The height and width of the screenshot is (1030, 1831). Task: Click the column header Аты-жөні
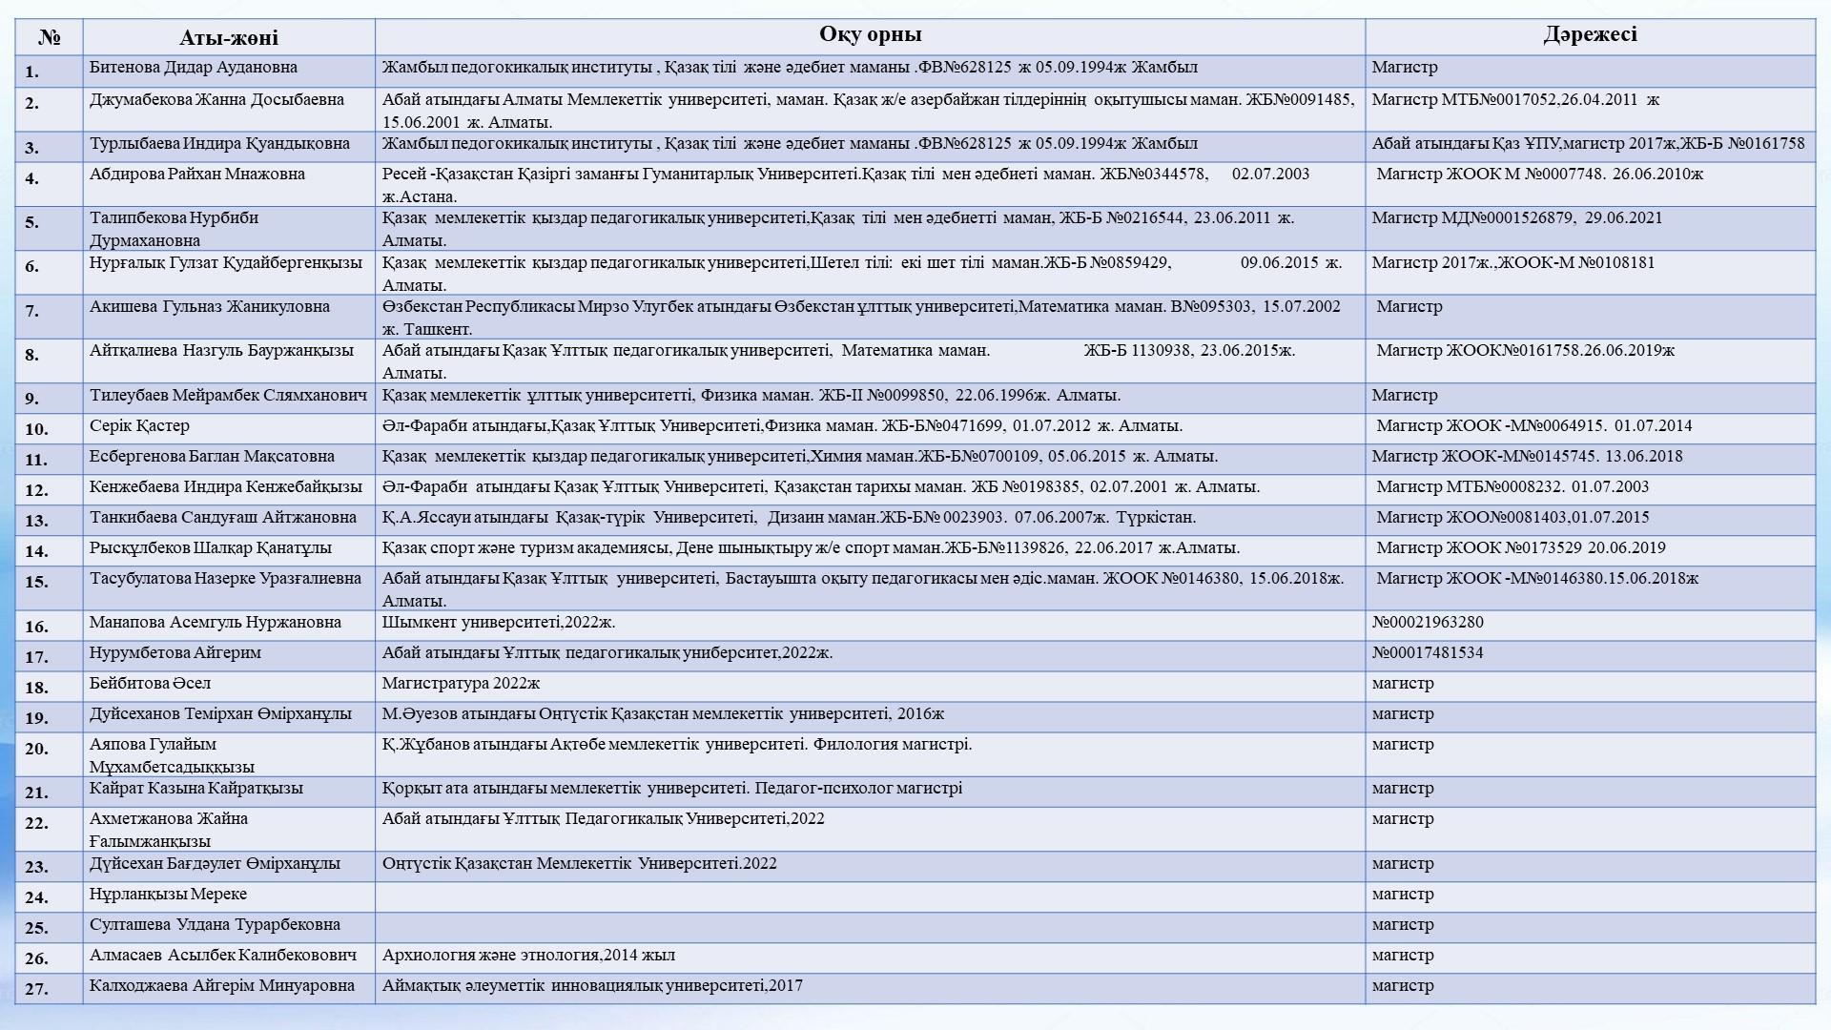click(229, 38)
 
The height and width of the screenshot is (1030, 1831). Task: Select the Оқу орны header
click(870, 35)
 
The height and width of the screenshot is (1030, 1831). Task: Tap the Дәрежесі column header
click(1590, 35)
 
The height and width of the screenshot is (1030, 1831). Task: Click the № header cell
click(50, 38)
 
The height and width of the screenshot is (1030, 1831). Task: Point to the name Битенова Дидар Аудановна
click(194, 68)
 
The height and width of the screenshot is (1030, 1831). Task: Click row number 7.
click(32, 311)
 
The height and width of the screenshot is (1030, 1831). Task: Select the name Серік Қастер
click(139, 426)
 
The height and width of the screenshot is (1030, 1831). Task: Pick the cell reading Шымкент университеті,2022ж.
click(499, 623)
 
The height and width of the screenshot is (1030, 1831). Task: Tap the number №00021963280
click(1428, 623)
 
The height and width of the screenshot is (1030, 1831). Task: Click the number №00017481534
click(1428, 653)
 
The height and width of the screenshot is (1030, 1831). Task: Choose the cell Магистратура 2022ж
click(462, 684)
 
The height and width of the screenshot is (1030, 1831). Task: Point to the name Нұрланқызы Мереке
click(168, 895)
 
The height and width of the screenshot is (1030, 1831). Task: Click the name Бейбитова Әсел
click(151, 684)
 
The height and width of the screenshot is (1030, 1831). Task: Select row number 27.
click(36, 989)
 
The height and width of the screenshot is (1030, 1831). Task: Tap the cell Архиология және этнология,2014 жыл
click(528, 956)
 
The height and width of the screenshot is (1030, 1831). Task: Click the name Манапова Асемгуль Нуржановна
click(216, 623)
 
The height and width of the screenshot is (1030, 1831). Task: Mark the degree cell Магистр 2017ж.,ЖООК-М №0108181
click(1513, 263)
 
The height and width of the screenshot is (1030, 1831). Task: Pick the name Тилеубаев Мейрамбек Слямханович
click(229, 396)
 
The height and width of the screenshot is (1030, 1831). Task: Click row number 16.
click(36, 627)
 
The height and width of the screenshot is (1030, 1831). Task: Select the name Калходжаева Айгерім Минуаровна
click(222, 986)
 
